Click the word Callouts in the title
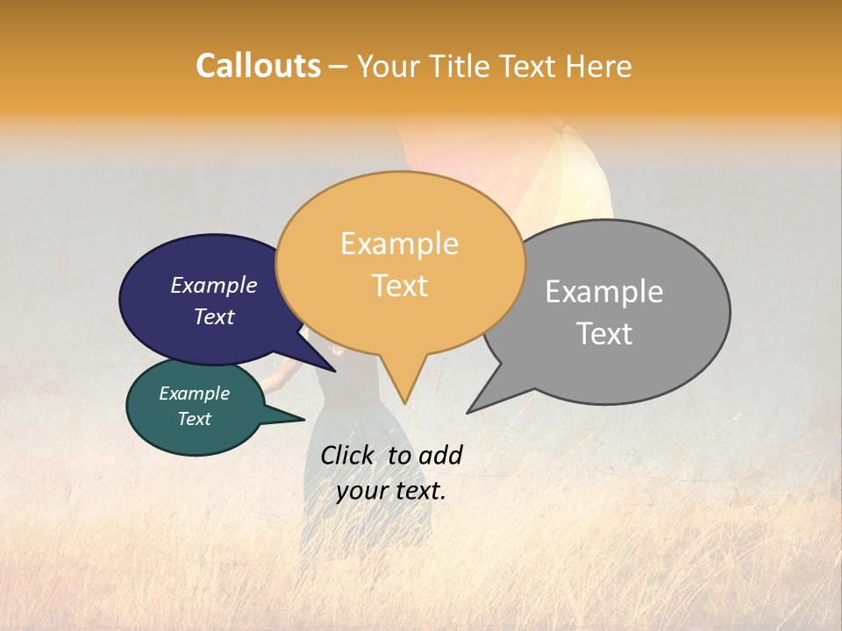pyautogui.click(x=258, y=66)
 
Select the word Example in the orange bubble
pyautogui.click(x=399, y=244)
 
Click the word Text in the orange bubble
pyautogui.click(x=399, y=286)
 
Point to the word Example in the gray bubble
pyautogui.click(x=604, y=292)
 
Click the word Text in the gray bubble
pyautogui.click(x=604, y=334)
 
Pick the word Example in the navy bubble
pyautogui.click(x=214, y=285)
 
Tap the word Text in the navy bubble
pyautogui.click(x=214, y=316)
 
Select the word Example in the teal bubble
pyautogui.click(x=194, y=393)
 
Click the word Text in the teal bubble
pyautogui.click(x=194, y=419)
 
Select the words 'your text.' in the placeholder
pyautogui.click(x=391, y=491)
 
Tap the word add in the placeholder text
pyautogui.click(x=440, y=455)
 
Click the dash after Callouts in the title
pyautogui.click(x=339, y=67)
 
